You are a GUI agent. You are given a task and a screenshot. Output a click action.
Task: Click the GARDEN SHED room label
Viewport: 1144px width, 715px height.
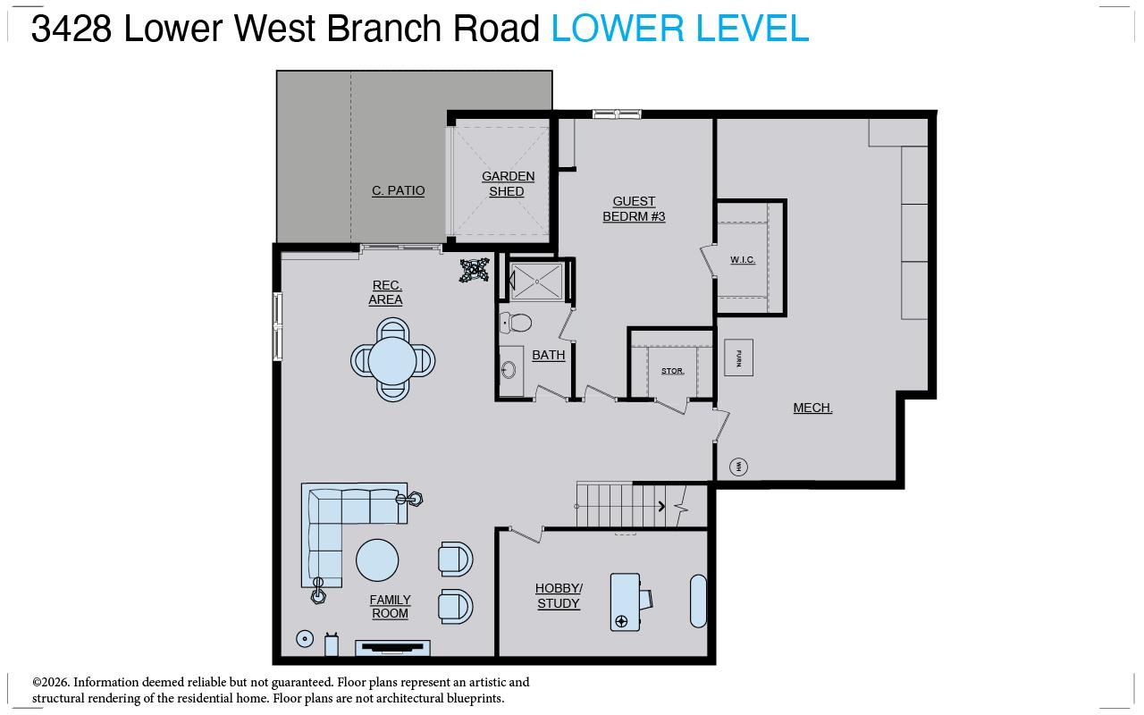(x=508, y=184)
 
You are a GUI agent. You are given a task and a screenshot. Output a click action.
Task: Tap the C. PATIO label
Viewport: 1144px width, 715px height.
(x=399, y=190)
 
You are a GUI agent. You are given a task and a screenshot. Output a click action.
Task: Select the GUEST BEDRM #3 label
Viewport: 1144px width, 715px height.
(x=634, y=209)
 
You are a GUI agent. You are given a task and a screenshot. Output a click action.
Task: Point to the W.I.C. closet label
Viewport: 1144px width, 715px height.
(x=743, y=260)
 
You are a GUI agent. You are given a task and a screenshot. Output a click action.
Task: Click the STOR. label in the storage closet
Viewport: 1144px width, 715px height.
(x=672, y=371)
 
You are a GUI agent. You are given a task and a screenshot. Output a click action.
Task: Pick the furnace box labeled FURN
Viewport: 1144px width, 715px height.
(x=738, y=357)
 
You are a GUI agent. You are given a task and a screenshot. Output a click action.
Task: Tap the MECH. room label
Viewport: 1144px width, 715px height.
(x=812, y=408)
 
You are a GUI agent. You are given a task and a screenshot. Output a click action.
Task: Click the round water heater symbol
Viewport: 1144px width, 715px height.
(x=739, y=466)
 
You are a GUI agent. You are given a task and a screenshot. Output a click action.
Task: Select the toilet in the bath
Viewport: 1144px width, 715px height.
(x=516, y=323)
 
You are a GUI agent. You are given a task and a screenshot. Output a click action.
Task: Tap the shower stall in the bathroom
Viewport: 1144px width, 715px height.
(x=536, y=282)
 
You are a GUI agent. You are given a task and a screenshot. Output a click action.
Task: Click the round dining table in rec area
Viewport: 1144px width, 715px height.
(x=392, y=360)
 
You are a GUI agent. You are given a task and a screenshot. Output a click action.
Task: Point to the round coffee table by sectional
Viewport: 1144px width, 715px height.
(x=377, y=560)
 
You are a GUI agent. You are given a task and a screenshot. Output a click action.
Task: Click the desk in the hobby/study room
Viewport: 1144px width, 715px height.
(x=626, y=601)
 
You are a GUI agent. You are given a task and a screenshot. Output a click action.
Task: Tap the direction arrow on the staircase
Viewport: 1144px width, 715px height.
(x=661, y=507)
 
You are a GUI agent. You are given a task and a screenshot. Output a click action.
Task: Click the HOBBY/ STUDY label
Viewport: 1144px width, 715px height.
(x=559, y=596)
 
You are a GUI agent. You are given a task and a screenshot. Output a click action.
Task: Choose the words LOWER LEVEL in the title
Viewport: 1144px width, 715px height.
(x=679, y=29)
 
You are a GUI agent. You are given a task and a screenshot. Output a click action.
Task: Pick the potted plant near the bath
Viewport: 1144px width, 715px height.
(x=474, y=270)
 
